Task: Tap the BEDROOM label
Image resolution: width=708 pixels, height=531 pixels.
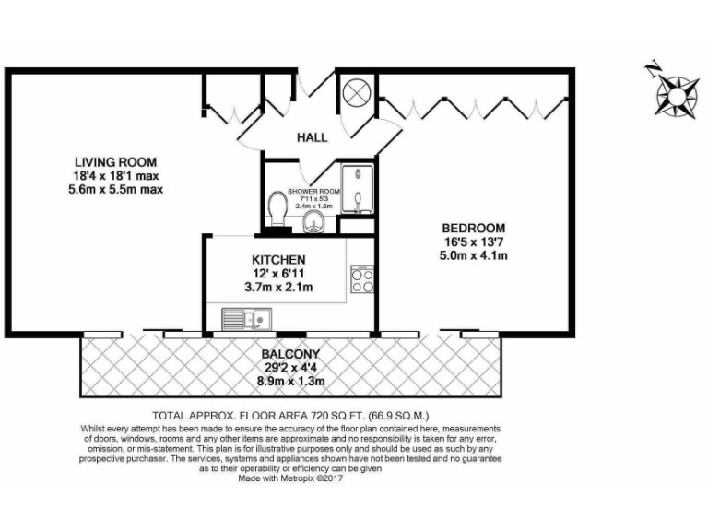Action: click(x=473, y=228)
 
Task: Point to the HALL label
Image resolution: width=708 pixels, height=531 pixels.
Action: click(x=312, y=138)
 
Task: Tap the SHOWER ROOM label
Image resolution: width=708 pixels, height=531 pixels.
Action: click(x=314, y=192)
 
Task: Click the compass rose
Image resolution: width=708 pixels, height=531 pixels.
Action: click(x=676, y=94)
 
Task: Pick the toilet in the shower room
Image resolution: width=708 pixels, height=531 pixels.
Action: click(x=277, y=206)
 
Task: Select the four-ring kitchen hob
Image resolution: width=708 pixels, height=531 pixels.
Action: click(x=361, y=279)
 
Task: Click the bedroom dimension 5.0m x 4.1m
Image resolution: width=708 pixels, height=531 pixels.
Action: click(x=474, y=255)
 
